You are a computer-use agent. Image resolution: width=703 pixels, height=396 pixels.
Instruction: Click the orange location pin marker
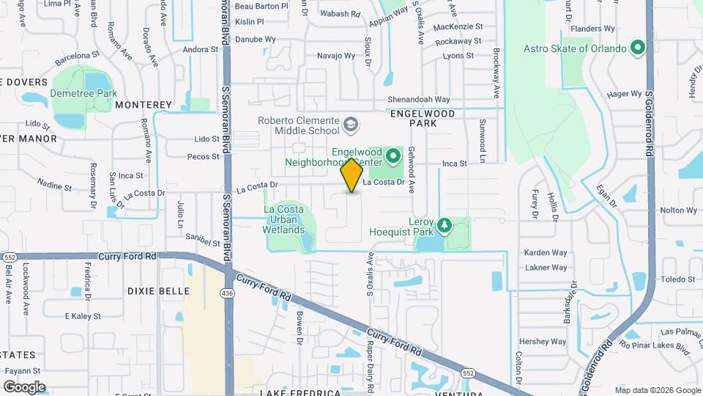point(352,175)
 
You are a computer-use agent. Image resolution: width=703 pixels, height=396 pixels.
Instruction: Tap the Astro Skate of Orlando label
point(576,49)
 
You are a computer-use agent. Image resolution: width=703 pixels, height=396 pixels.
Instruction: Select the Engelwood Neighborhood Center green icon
point(393,155)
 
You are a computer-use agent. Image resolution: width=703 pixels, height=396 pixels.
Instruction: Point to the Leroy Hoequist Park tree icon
point(444,224)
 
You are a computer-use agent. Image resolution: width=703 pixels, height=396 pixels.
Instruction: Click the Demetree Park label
point(83,93)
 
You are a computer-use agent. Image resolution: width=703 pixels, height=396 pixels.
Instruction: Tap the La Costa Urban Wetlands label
point(284,219)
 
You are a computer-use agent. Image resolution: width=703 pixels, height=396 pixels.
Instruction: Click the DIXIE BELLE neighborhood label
point(159,291)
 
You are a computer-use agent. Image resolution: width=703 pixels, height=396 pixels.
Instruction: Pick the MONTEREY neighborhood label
point(143,105)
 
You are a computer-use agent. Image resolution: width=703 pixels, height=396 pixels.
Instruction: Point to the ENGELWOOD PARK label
point(423,119)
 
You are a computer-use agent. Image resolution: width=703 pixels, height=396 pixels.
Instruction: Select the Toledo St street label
point(677,279)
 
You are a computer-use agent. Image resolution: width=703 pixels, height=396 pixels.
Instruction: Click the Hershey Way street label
point(543,342)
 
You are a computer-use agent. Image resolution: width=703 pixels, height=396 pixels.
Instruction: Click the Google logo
point(24,386)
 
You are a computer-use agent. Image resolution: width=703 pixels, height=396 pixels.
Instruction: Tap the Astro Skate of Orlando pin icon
point(638,49)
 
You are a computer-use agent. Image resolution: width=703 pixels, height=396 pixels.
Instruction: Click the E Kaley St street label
point(82,316)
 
